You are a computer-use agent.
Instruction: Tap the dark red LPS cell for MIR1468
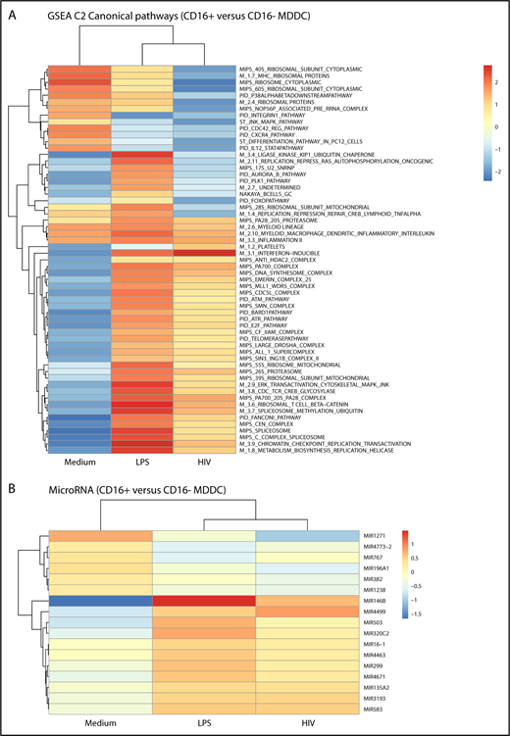coord(203,600)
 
